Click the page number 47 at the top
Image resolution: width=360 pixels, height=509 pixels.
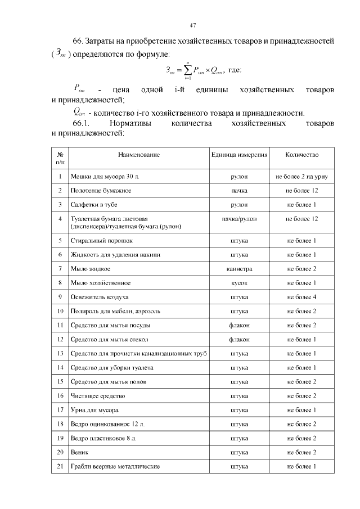192,25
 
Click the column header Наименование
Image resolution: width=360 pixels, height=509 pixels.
139,154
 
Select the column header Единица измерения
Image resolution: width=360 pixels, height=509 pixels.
239,154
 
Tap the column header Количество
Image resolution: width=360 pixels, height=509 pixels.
301,154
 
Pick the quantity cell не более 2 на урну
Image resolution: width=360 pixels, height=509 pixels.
301,177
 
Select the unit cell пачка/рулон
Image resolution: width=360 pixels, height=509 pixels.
239,218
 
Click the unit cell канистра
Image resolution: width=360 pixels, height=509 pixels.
239,268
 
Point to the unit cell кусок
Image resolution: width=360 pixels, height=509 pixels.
239,282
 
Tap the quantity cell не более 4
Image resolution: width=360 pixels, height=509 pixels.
301,296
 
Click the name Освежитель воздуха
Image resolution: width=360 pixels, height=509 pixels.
100,296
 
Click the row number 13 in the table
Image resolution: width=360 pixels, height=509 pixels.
60,353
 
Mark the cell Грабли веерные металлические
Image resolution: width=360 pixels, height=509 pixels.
115,466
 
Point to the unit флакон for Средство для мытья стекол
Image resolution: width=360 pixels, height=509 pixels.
239,339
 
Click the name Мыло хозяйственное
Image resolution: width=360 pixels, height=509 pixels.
101,282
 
